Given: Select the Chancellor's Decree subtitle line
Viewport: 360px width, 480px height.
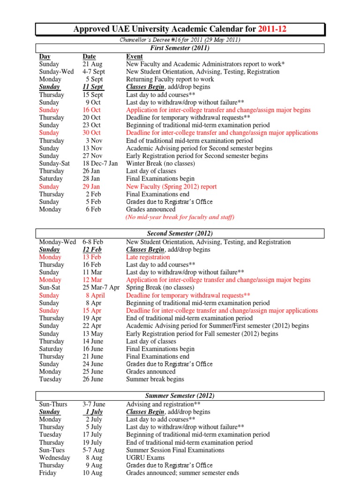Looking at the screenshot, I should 180,40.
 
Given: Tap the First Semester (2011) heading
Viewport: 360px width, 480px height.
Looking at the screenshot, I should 180,48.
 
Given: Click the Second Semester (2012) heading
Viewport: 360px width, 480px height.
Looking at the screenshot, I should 180,233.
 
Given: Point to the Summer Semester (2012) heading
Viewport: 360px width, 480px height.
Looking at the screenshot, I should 180,396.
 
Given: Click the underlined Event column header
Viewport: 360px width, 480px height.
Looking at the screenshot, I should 135,57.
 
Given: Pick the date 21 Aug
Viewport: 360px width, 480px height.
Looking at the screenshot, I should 92,64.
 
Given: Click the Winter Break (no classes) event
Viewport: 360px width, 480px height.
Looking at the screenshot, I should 160,164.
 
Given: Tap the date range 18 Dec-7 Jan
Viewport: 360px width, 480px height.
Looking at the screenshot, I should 100,164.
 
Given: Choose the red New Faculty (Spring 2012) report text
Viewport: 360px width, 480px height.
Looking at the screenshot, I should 171,187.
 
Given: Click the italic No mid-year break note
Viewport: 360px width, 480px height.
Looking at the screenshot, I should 180,217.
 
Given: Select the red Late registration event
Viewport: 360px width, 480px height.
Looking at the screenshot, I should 148,257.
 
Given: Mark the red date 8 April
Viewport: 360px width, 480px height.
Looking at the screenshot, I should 95,295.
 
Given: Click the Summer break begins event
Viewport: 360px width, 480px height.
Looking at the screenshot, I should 155,379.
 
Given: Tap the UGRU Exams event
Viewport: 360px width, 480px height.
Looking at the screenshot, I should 145,457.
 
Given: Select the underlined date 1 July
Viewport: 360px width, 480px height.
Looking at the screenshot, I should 94,412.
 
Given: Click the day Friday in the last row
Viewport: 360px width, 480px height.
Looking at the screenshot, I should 48,473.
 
